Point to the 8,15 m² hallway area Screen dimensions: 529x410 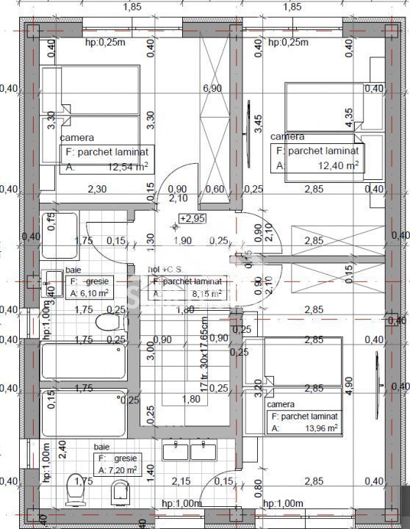pyautogui.click(x=206, y=294)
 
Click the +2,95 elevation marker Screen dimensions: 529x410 pyautogui.click(x=192, y=218)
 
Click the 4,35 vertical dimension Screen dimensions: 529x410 pyautogui.click(x=349, y=118)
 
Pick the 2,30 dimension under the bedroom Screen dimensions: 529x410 pyautogui.click(x=98, y=189)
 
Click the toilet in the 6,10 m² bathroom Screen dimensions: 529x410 pyautogui.click(x=108, y=324)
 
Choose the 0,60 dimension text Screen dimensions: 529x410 pyautogui.click(x=215, y=189)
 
